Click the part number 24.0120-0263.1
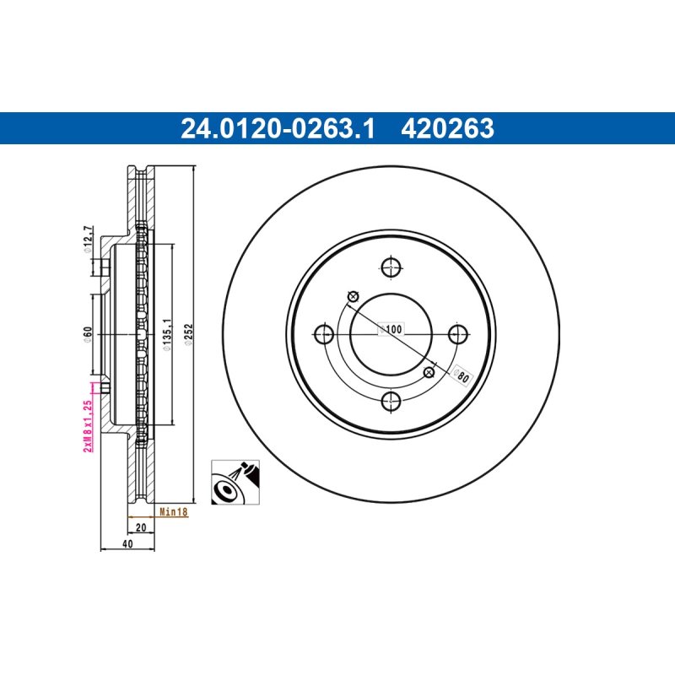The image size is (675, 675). point(278,129)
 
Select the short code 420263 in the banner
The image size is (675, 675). point(447,129)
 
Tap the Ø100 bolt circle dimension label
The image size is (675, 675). point(391,329)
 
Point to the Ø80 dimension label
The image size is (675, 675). point(461,375)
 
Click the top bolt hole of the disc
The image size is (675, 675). point(391,267)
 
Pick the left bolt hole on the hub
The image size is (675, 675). point(324,334)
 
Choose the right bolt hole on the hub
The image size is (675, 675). point(458,334)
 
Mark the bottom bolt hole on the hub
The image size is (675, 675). point(391,402)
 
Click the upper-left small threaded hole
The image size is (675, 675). point(354,296)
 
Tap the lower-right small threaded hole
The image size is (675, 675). point(429,372)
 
